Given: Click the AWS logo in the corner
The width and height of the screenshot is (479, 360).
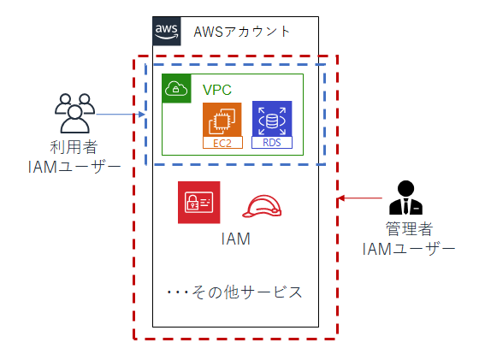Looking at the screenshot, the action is (167, 31).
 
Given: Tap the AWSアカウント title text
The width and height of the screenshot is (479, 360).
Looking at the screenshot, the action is (241, 32).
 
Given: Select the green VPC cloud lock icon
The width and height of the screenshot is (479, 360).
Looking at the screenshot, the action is (176, 89).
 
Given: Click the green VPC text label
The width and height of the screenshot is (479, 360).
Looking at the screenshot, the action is (217, 90).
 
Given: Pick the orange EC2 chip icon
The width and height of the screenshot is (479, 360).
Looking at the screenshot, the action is (222, 120).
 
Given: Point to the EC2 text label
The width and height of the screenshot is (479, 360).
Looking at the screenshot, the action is (222, 143).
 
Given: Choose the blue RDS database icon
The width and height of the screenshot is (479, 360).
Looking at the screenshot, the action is (272, 119).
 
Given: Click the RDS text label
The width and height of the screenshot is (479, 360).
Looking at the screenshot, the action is (272, 143).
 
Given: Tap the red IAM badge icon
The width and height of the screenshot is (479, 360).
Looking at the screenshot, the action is (198, 203).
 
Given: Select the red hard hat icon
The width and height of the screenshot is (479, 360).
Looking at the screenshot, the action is (262, 207).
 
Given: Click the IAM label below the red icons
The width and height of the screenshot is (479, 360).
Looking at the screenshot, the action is (235, 239).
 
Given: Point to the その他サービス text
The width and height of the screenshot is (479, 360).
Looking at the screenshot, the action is (234, 292).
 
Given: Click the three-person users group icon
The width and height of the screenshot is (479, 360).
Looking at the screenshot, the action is (75, 113).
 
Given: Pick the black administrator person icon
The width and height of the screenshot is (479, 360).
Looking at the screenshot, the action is (405, 198).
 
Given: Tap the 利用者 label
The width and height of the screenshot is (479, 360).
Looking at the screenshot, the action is (74, 147).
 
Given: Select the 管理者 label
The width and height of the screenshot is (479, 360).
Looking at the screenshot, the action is (409, 228).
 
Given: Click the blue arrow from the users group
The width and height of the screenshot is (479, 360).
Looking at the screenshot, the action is (121, 115).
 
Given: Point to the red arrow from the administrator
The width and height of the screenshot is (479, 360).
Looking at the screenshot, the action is (360, 198).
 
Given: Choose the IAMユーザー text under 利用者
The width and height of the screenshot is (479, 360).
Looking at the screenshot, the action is (74, 168).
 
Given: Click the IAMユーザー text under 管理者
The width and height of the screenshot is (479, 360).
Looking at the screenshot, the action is (409, 249).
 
